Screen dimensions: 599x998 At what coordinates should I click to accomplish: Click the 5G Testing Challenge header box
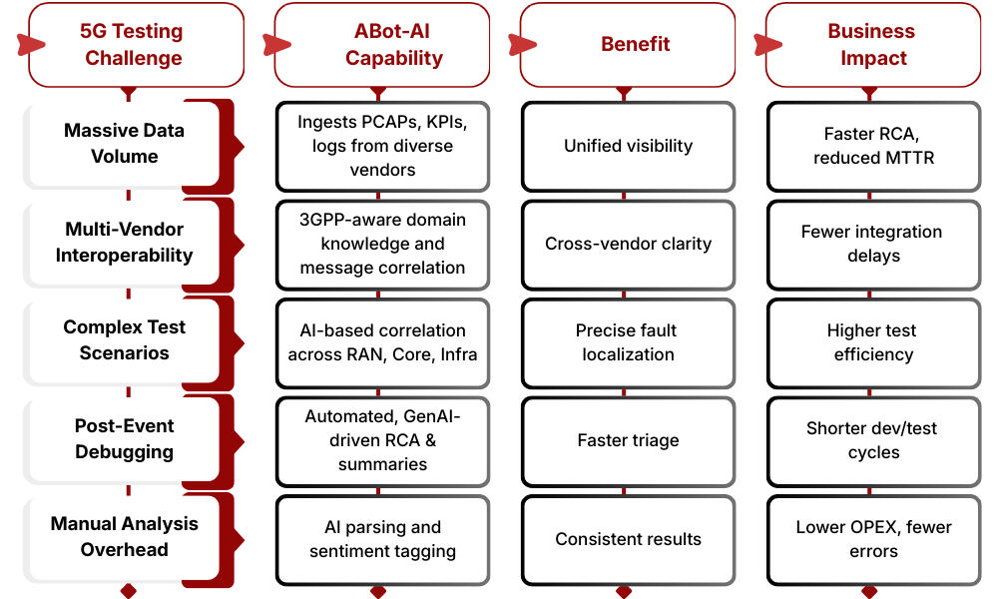pyautogui.click(x=134, y=45)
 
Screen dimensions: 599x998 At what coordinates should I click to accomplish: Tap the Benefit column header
pyautogui.click(x=628, y=45)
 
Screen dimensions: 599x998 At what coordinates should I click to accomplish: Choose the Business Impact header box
pyautogui.click(x=873, y=45)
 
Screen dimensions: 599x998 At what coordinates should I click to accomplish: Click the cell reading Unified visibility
pyautogui.click(x=628, y=146)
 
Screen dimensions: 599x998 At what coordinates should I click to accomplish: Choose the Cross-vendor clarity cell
pyautogui.click(x=628, y=244)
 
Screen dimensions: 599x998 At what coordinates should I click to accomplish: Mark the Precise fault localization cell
pyautogui.click(x=628, y=342)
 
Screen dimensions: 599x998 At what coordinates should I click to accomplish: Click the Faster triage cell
pyautogui.click(x=628, y=440)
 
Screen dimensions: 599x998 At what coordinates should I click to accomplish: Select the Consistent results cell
pyautogui.click(x=628, y=539)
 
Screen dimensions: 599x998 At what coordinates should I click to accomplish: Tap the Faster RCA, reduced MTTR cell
pyautogui.click(x=873, y=146)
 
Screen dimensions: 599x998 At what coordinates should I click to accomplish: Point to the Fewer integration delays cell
pyautogui.click(x=873, y=244)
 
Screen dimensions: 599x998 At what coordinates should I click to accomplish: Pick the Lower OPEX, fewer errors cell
pyautogui.click(x=873, y=539)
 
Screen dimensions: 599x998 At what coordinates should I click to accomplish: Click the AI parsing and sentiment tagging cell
pyautogui.click(x=382, y=539)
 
